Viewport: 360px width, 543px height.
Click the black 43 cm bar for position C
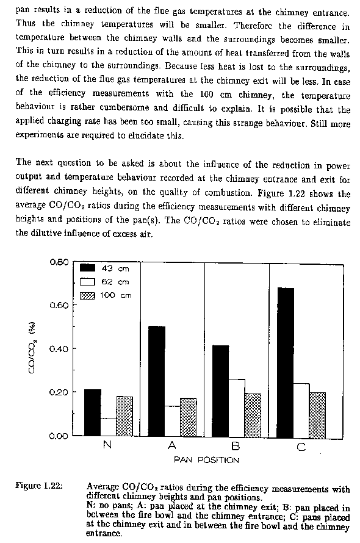(286, 362)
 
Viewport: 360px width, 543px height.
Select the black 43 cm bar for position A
(157, 381)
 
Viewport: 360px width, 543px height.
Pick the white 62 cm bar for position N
(109, 427)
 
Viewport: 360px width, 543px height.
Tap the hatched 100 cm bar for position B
(253, 415)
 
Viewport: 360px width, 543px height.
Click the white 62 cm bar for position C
(301, 411)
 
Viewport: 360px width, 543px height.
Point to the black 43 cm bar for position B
(221, 391)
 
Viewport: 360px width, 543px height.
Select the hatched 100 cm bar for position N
(124, 416)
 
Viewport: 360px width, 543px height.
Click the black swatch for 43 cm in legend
(87, 268)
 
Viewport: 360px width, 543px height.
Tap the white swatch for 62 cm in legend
(87, 282)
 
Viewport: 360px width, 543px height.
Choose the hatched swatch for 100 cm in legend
(87, 296)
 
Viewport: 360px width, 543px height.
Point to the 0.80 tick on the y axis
(73, 262)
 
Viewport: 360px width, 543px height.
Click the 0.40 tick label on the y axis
(59, 349)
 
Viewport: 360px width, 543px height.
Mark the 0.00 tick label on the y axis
(59, 436)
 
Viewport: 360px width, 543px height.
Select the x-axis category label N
(107, 445)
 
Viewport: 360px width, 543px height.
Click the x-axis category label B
(236, 447)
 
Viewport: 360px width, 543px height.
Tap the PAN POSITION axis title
(206, 460)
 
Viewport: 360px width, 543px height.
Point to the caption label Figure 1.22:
(39, 486)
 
